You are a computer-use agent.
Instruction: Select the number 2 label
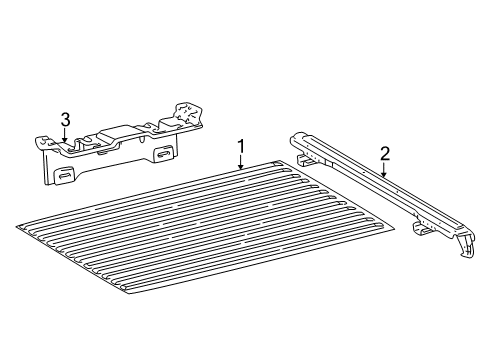pos(384,154)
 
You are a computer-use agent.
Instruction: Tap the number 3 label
pos(65,120)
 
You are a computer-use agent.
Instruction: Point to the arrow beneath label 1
pos(241,164)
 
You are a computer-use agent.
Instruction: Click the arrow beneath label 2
pos(384,172)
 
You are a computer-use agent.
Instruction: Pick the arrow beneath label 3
pos(65,138)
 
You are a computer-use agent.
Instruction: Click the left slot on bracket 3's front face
pos(64,174)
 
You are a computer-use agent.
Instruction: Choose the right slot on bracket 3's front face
pos(161,153)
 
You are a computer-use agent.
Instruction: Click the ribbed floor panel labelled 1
pos(200,230)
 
